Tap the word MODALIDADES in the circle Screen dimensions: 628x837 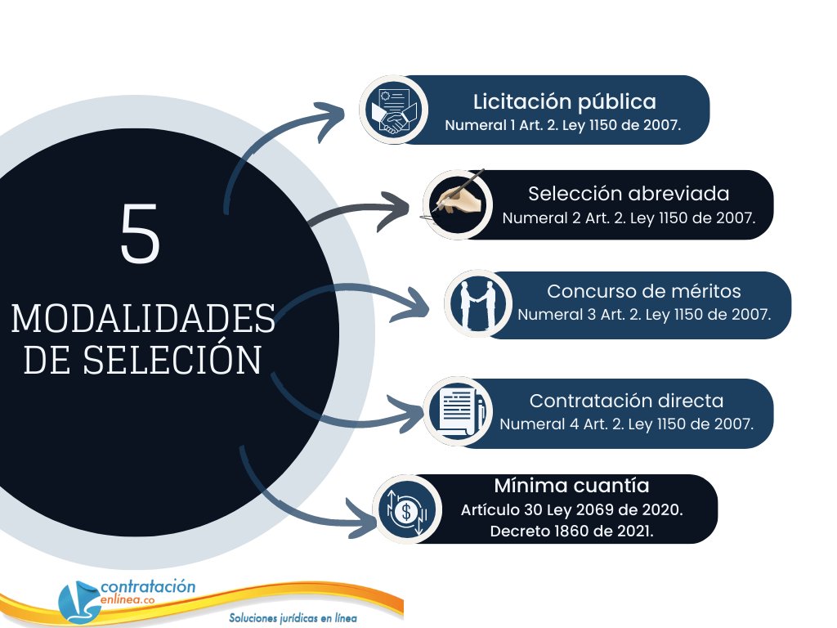click(x=143, y=318)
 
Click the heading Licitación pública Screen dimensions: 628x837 click(x=564, y=102)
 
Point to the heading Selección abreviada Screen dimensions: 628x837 click(x=628, y=194)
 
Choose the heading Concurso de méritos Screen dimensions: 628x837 click(x=643, y=291)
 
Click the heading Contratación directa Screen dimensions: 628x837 click(x=626, y=401)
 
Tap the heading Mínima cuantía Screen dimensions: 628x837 click(x=571, y=486)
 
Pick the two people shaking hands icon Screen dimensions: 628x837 click(x=477, y=304)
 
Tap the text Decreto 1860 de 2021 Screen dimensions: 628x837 click(x=571, y=531)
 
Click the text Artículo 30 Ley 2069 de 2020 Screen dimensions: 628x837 click(x=571, y=509)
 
